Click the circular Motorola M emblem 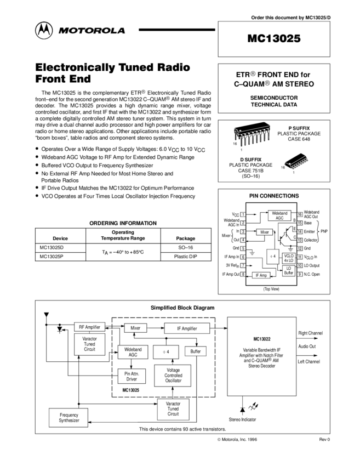click(44, 31)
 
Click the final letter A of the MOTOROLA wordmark click(121, 31)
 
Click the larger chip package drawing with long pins click(253, 136)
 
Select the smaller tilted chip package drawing click(296, 163)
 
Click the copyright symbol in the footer click(219, 440)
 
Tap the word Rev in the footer click(323, 440)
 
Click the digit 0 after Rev click(329, 440)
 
